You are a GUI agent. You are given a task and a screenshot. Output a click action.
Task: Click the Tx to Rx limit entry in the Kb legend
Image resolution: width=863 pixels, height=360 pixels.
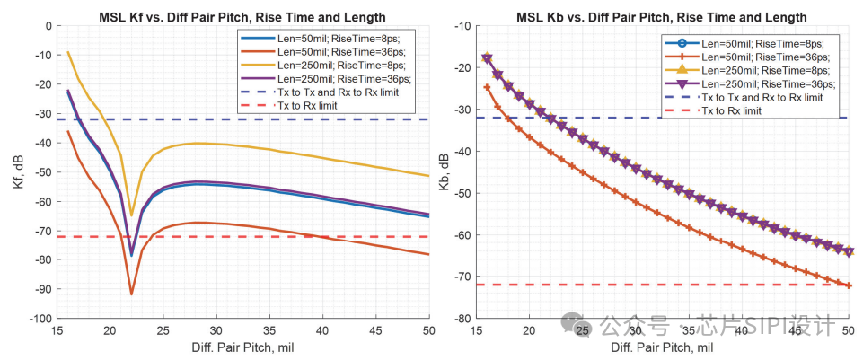coord(732,110)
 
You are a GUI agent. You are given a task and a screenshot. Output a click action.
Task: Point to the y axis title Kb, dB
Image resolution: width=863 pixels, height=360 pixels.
coord(440,171)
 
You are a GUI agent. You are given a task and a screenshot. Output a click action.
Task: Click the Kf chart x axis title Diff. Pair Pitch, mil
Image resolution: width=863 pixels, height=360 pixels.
coord(242,347)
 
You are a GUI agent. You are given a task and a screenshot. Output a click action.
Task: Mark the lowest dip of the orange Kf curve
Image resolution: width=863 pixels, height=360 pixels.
coord(131,294)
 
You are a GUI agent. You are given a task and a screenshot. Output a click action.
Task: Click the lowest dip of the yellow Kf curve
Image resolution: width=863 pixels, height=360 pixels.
coord(131,215)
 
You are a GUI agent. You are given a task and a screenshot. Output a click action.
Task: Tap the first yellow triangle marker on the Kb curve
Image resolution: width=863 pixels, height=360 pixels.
coord(488,57)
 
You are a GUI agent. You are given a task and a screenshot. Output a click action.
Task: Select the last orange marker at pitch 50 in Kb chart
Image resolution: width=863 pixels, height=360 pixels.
coord(849,285)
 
